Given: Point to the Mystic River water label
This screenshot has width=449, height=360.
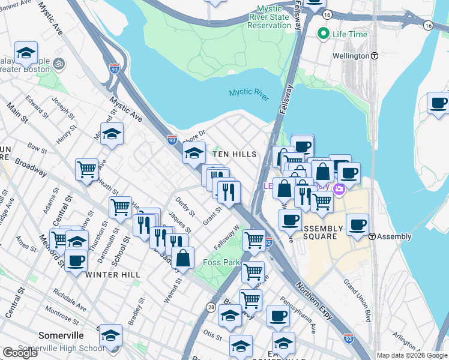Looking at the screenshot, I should point(249,93).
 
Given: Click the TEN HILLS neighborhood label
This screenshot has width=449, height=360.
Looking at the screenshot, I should point(235,154).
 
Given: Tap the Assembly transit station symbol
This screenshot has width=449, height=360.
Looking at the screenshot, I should point(372,236).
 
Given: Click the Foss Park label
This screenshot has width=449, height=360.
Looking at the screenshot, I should point(222,262).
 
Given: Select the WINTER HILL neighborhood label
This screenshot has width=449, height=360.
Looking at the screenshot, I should point(113,275).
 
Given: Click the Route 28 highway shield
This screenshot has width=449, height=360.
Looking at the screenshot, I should point(211,307).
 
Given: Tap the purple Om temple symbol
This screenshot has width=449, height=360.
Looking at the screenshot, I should point(59,62).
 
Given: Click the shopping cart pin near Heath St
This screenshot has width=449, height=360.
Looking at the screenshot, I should point(87,169).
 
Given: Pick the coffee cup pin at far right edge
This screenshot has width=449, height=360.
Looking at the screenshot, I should point(438,103).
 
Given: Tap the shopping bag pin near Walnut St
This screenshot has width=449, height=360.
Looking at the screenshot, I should point(182,258).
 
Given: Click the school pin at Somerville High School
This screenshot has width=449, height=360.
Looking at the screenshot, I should point(110,335).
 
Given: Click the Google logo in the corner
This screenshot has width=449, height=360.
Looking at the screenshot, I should point(20,353).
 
